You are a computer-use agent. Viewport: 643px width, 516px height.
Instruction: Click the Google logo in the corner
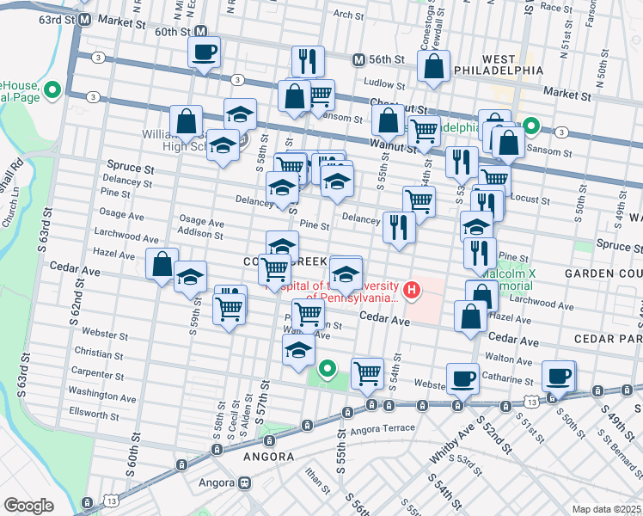pos(28,506)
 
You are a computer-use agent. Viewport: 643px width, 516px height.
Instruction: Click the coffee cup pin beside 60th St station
pos(204,52)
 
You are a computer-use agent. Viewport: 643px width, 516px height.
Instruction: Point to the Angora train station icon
pos(245,482)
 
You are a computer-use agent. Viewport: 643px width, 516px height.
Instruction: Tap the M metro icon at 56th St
pos(360,59)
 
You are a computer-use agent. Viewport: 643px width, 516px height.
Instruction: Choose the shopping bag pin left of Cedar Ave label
pos(162,264)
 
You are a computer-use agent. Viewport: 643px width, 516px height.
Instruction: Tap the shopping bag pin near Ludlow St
pos(435,67)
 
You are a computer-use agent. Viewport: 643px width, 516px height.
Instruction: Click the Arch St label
pos(349,14)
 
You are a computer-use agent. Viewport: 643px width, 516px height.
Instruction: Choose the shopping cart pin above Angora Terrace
pos(367,372)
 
